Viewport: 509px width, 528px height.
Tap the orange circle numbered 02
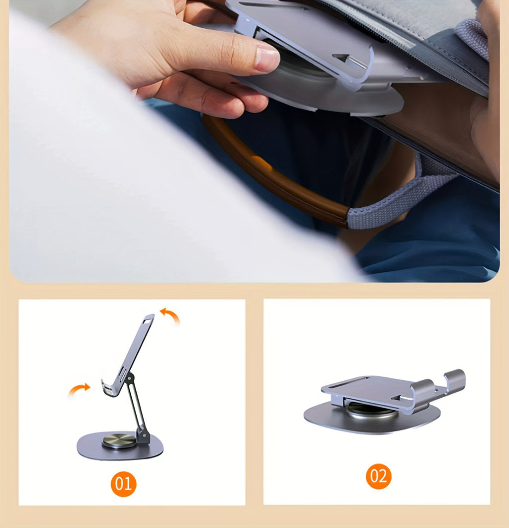[x=378, y=476]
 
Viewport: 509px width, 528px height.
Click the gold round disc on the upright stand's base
[x=119, y=440]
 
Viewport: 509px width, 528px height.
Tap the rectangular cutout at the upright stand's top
[x=148, y=318]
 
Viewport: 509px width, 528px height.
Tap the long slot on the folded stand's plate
[x=348, y=382]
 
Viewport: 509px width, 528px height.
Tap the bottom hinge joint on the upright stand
[x=143, y=437]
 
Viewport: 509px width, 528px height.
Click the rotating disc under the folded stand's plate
[x=370, y=409]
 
